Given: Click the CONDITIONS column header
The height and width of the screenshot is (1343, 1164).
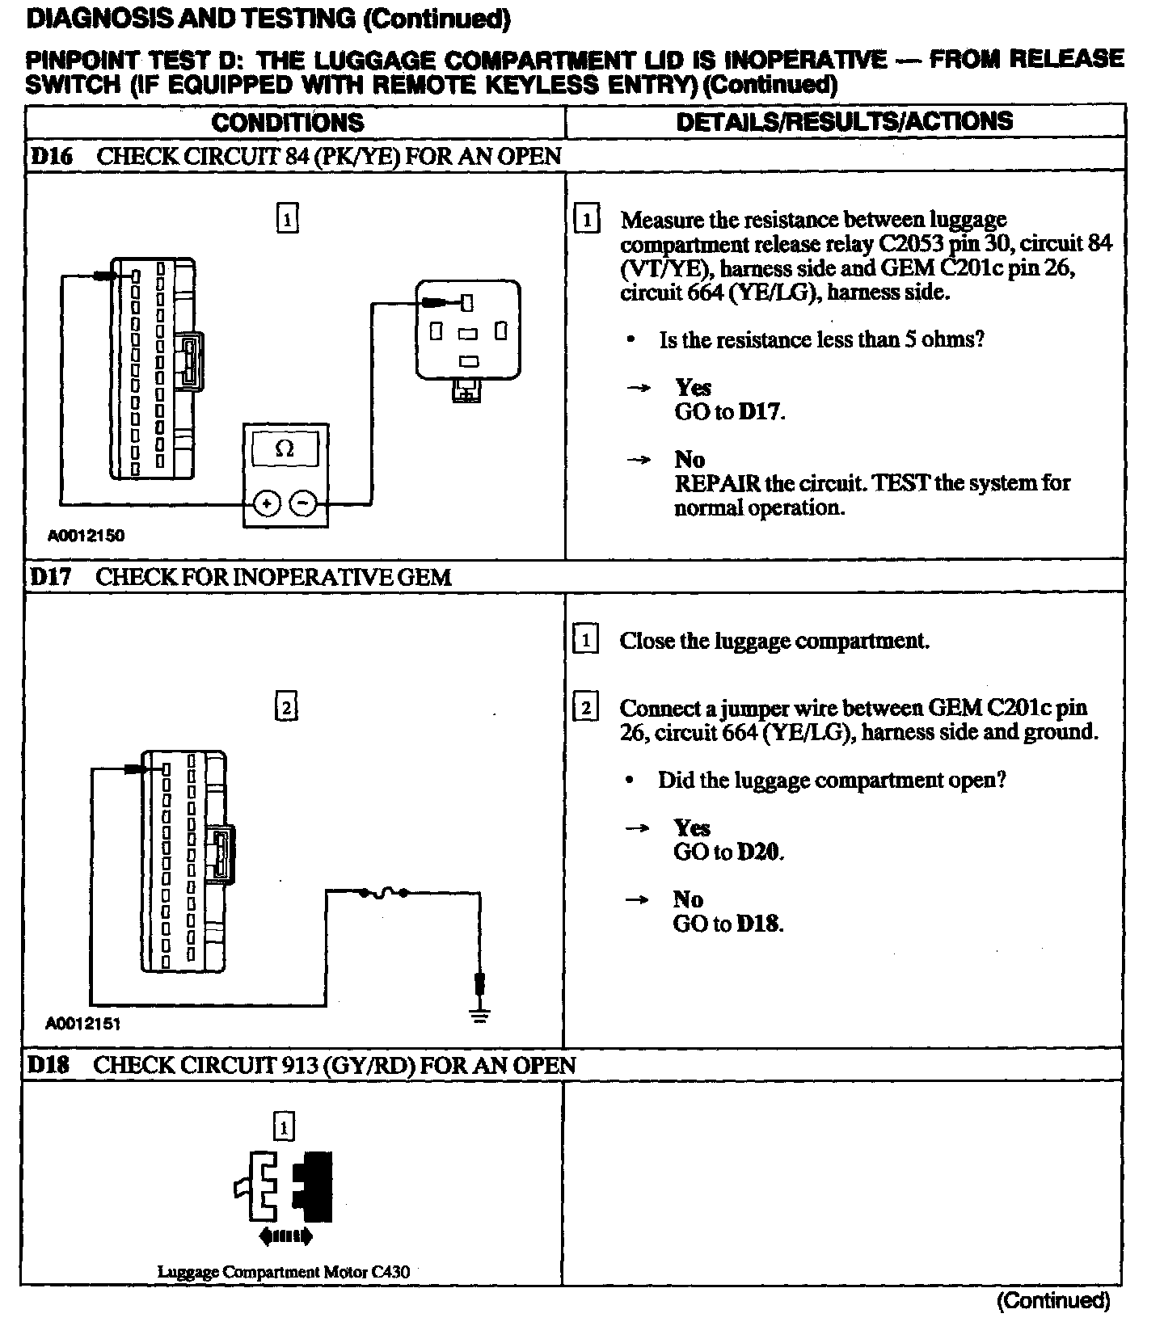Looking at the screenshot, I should tap(288, 123).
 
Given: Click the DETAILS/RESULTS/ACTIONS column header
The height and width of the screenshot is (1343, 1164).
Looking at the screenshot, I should tap(844, 121).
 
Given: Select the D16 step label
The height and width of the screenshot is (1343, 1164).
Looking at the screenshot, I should tap(51, 156).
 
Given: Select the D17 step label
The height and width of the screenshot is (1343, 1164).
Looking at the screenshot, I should tap(50, 577).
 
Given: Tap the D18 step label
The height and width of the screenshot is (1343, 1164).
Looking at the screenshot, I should tap(49, 1065).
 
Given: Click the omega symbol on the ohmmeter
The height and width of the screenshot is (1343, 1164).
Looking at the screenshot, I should tap(285, 449).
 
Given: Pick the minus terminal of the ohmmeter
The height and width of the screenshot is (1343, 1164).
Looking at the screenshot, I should tap(303, 503).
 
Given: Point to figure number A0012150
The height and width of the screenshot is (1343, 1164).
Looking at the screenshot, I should tap(86, 535).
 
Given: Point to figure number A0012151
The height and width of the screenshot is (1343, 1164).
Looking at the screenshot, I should tap(83, 1024).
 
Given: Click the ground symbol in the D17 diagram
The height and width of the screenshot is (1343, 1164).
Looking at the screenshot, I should tap(480, 1016).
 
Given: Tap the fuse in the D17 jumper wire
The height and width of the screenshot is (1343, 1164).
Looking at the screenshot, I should tap(384, 892).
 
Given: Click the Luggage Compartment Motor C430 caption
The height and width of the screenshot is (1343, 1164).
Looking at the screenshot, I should tap(283, 1271).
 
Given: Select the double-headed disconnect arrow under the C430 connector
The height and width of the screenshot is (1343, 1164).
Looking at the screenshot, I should tap(285, 1236).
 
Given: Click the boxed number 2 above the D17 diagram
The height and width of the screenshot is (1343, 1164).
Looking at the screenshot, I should tap(285, 708).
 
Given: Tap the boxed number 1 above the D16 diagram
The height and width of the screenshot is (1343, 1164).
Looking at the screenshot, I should tap(287, 219).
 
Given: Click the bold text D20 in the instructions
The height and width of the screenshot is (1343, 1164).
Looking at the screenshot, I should tap(760, 852).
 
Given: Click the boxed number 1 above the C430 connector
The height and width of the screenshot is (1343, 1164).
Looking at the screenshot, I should tap(284, 1126).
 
